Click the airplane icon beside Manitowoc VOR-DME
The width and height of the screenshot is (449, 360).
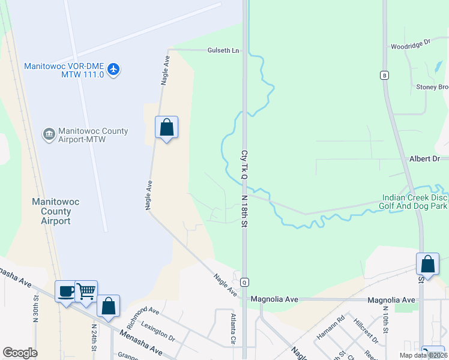coord(114,70)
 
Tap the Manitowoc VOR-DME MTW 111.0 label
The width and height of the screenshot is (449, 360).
coord(64,70)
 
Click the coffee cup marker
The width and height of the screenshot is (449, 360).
coord(65,291)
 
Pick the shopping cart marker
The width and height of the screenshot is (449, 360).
coord(86,291)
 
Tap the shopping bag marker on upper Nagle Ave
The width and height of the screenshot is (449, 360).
coord(166,127)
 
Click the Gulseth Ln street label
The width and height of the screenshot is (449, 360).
coord(223,50)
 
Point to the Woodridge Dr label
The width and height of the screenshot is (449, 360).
coord(411,44)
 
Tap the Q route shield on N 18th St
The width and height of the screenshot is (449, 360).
coord(244,281)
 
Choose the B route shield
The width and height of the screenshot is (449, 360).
coord(384,75)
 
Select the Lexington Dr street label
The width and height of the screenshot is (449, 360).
coord(157,331)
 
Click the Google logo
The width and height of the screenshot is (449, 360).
coord(20,353)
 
